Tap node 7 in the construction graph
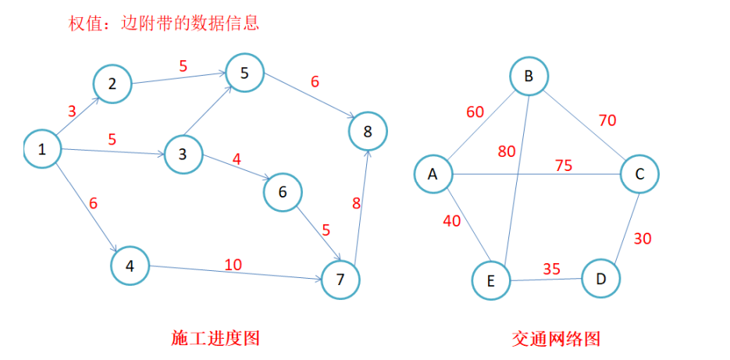point(340,280)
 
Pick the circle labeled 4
point(130,266)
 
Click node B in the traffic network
point(529,77)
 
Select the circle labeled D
point(600,278)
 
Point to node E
point(491,281)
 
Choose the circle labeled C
point(639,175)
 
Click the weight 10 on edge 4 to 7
point(233,265)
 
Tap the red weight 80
point(507,151)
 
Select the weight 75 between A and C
point(563,166)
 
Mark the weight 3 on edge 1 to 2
point(72,111)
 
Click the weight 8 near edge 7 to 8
point(357,204)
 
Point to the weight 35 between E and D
point(551,269)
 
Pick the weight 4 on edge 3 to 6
point(237,159)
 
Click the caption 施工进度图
point(215,338)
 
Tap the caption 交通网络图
point(556,338)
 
